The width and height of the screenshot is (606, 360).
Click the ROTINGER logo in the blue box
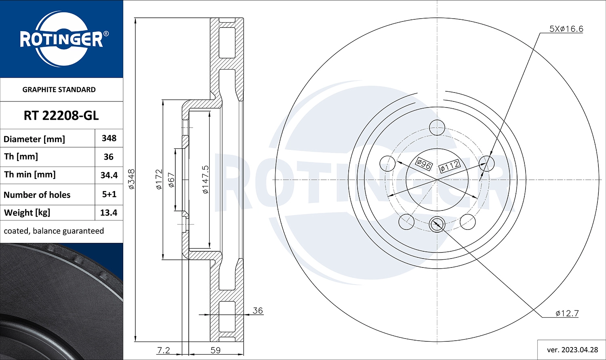[61, 39]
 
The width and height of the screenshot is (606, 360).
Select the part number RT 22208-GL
[61, 116]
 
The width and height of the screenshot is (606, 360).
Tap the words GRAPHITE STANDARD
[59, 90]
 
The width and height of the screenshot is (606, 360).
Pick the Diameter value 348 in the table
[109, 138]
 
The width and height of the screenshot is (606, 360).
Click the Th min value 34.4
[109, 175]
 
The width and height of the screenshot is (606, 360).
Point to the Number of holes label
[37, 195]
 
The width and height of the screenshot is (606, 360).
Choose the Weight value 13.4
[109, 213]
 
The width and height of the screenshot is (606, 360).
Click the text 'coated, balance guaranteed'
[54, 231]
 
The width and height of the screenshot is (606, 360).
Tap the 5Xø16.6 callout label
[566, 29]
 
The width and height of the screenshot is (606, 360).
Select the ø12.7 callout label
[567, 313]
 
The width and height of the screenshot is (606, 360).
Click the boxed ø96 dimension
[424, 164]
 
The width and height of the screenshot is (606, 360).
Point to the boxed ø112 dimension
[449, 166]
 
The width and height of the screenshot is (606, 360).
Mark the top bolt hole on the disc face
[437, 128]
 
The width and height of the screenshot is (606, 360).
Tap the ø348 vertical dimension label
[132, 179]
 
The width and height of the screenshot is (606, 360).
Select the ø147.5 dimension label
[205, 179]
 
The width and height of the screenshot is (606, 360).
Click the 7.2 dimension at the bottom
[163, 350]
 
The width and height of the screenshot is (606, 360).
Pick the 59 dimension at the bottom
[216, 350]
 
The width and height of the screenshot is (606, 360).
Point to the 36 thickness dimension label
[257, 310]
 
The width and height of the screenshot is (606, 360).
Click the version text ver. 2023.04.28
[572, 349]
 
